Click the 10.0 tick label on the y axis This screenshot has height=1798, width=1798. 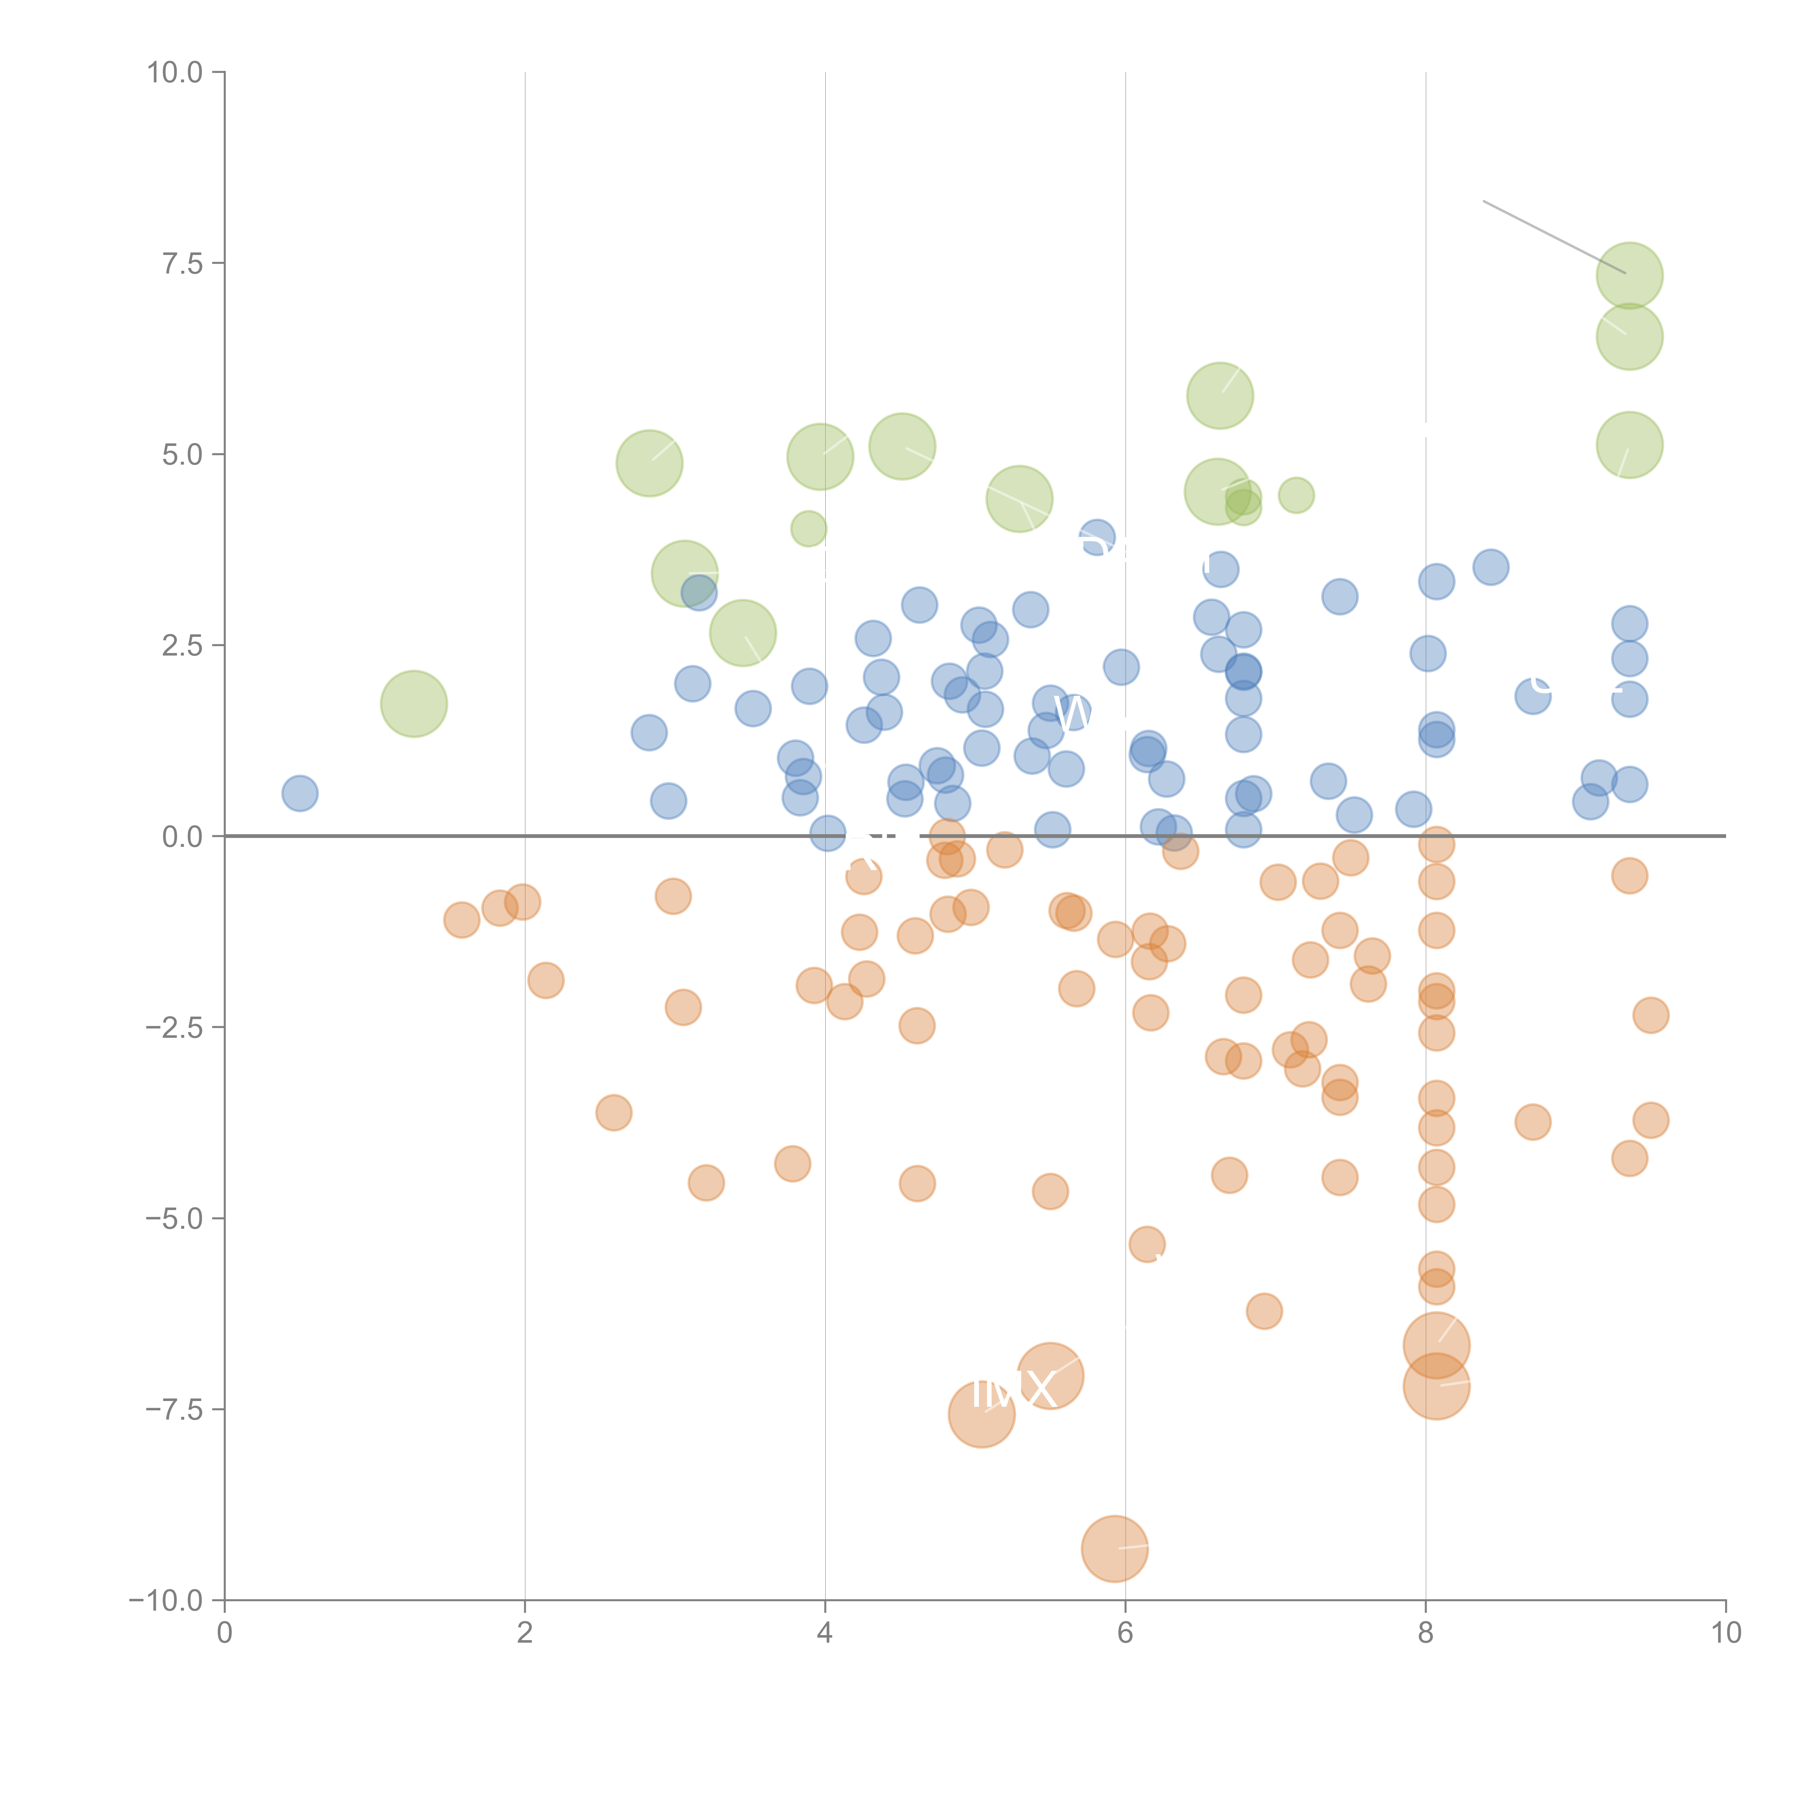click(x=174, y=73)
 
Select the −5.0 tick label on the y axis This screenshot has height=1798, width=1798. click(x=174, y=1218)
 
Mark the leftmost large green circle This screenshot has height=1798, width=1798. click(x=414, y=704)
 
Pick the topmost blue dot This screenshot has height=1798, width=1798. click(x=1097, y=538)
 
